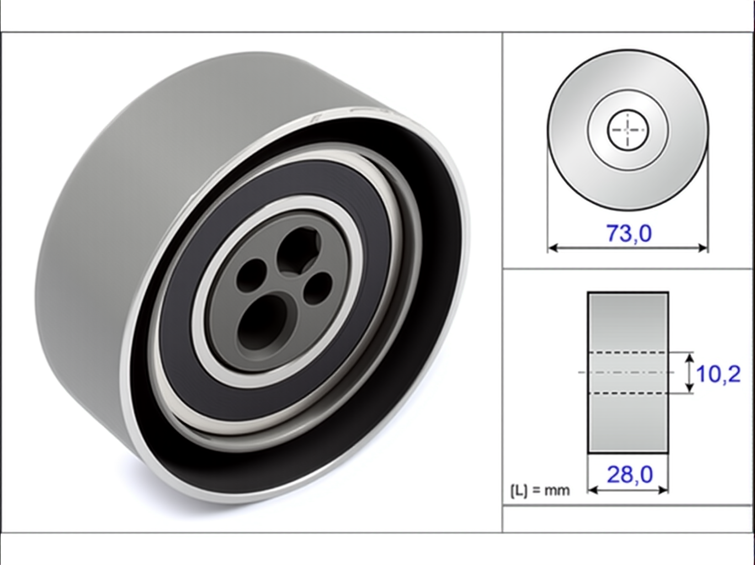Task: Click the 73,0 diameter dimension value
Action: (629, 233)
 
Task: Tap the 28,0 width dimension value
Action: (630, 475)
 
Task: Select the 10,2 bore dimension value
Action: (718, 374)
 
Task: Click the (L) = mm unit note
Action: (540, 491)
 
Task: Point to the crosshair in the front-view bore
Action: (628, 130)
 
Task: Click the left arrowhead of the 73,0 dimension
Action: (552, 248)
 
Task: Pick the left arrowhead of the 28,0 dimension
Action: (592, 491)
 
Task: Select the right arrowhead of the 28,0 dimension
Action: (663, 491)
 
